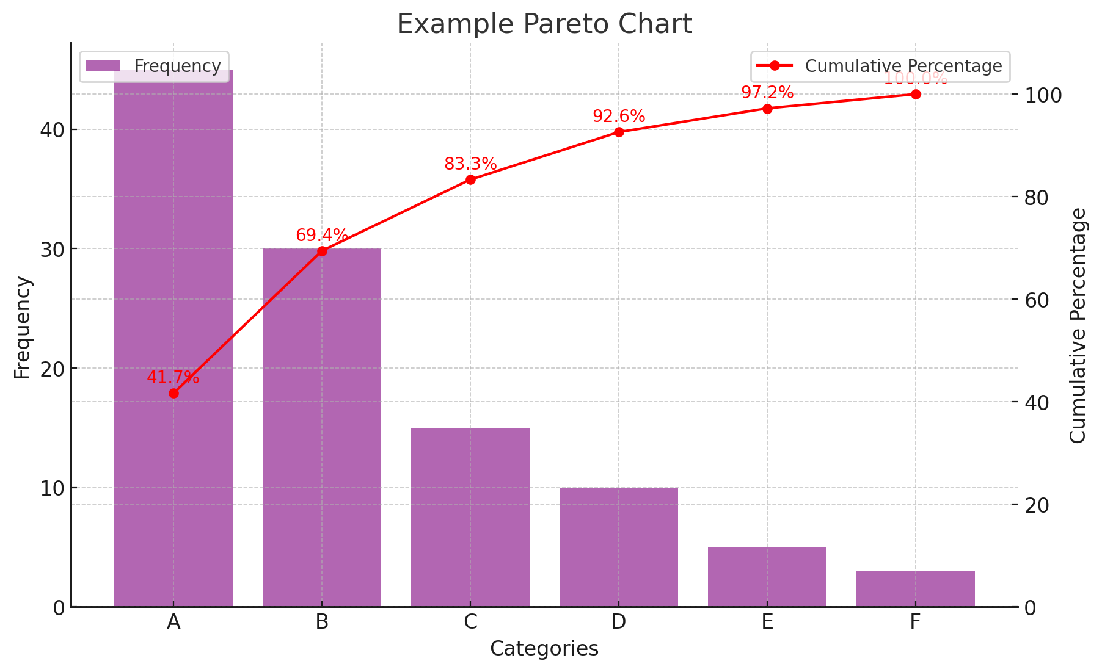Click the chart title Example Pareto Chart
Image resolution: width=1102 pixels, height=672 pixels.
click(x=544, y=24)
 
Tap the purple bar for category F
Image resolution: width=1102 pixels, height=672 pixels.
click(x=915, y=589)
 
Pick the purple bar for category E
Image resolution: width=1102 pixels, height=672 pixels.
click(x=767, y=577)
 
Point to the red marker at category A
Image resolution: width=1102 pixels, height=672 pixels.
click(x=173, y=393)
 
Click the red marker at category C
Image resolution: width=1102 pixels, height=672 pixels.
click(x=470, y=179)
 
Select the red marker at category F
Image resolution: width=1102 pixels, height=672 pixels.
click(x=915, y=94)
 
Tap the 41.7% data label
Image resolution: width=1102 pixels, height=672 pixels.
click(x=173, y=378)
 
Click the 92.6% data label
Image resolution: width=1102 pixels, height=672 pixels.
click(x=619, y=117)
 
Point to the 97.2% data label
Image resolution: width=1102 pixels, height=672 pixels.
click(x=767, y=93)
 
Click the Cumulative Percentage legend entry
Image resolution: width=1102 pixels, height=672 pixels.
click(x=880, y=66)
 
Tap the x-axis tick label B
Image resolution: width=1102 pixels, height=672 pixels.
click(x=322, y=622)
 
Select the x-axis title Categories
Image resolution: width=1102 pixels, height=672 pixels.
click(x=544, y=649)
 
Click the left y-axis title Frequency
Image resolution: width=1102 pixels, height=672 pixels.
click(x=22, y=327)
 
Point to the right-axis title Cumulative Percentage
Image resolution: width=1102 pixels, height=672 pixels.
click(x=1078, y=325)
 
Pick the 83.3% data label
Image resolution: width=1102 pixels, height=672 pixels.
click(x=470, y=164)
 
